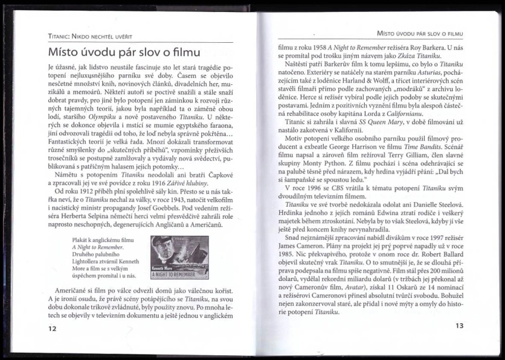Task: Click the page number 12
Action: pos(52,329)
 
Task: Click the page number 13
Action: pos(458,326)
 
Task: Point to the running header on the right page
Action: pos(420,33)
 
